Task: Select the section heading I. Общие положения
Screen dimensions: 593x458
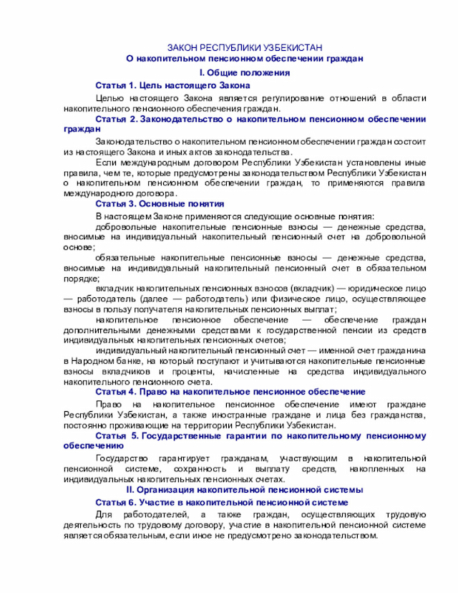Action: tap(244, 72)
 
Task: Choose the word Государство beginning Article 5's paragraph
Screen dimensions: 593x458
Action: tap(124, 458)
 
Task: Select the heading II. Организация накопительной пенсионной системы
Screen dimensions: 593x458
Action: tap(244, 489)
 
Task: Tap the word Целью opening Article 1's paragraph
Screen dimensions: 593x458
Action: tap(111, 98)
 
